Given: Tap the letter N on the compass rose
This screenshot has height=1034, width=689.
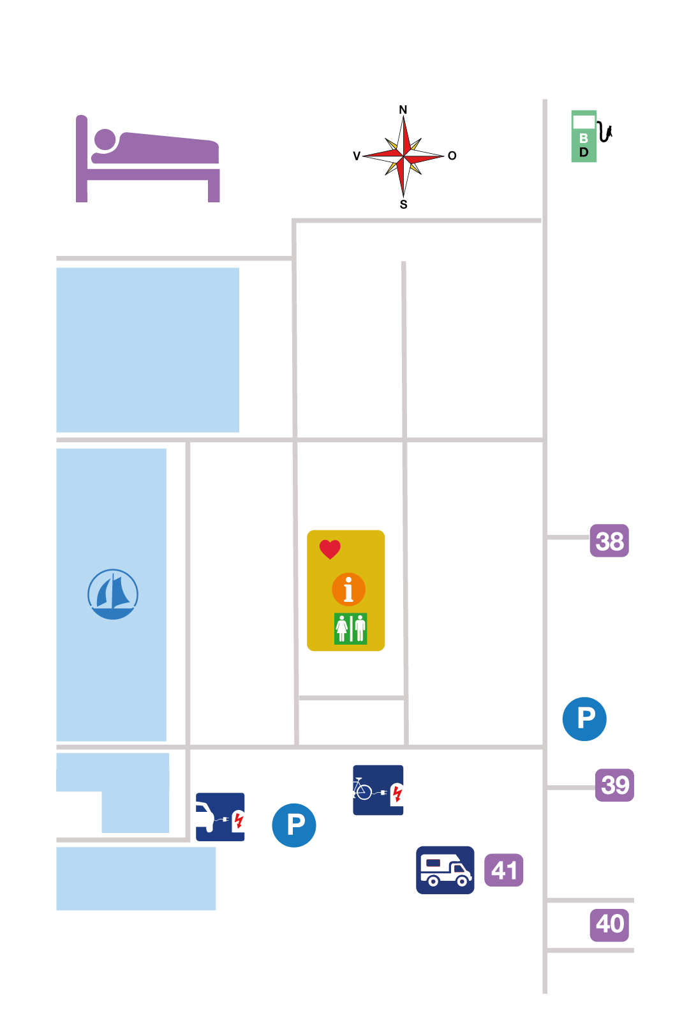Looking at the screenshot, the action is pyautogui.click(x=403, y=110).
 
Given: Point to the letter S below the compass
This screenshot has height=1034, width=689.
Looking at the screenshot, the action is pyautogui.click(x=403, y=204).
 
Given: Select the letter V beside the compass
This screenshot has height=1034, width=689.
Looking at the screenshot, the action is pyautogui.click(x=356, y=156).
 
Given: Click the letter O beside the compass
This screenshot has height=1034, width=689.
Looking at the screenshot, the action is pyautogui.click(x=452, y=156).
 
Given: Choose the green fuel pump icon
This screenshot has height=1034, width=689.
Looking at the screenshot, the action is pyautogui.click(x=591, y=136).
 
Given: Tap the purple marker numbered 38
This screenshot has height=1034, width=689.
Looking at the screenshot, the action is pyautogui.click(x=609, y=541).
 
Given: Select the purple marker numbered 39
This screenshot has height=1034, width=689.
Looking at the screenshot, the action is pyautogui.click(x=614, y=784).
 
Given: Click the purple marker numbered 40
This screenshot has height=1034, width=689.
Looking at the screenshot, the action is pyautogui.click(x=609, y=925).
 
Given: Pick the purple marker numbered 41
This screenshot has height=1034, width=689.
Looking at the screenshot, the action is pyautogui.click(x=503, y=870).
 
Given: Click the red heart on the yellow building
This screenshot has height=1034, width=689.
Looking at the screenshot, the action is pyautogui.click(x=330, y=550).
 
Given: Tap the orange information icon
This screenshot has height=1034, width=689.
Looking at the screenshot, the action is pyautogui.click(x=348, y=590).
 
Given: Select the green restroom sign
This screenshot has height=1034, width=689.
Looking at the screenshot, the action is pyautogui.click(x=350, y=628).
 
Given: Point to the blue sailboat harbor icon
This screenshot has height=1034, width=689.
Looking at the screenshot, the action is pyautogui.click(x=113, y=594).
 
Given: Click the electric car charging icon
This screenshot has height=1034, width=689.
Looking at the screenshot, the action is pyautogui.click(x=220, y=816).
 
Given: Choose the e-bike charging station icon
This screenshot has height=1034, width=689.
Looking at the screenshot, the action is pyautogui.click(x=378, y=790).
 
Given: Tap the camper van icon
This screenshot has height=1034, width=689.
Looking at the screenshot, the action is pyautogui.click(x=445, y=870).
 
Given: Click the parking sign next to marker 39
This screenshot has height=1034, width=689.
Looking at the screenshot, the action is pyautogui.click(x=584, y=719).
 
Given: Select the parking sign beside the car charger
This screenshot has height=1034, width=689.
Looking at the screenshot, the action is pyautogui.click(x=294, y=825).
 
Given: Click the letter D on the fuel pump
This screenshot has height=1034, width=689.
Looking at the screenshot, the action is pyautogui.click(x=584, y=153).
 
